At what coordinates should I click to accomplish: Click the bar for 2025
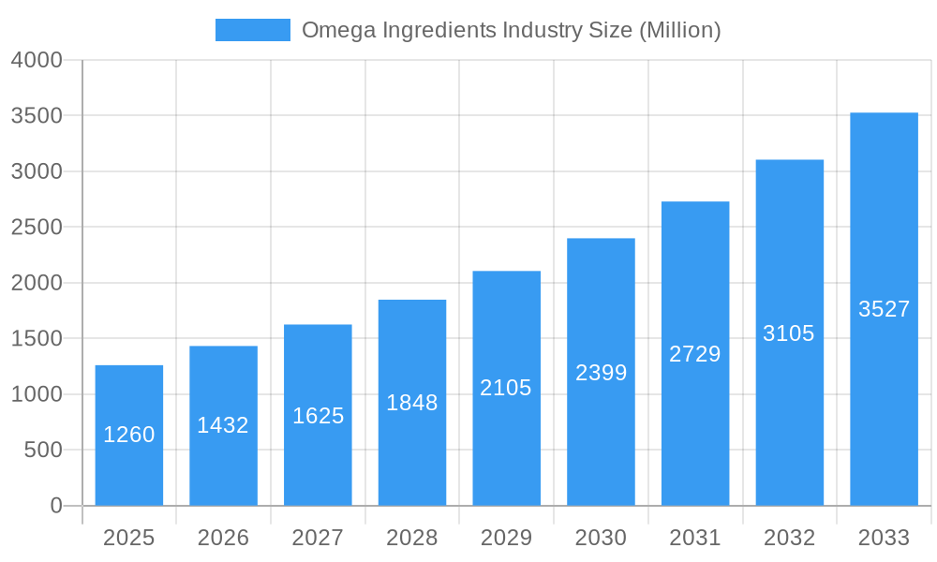point(129,436)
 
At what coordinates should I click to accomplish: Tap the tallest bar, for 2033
point(884,309)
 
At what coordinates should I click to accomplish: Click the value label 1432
point(223,425)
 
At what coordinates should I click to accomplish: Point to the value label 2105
point(506,388)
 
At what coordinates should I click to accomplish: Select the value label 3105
point(789,333)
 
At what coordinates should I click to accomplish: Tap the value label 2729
point(695,354)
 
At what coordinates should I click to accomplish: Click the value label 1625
point(318,416)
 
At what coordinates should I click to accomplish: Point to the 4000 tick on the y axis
point(37,60)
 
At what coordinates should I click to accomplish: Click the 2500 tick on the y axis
point(37,228)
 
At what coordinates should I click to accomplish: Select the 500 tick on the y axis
point(43,451)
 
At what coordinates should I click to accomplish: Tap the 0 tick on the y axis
point(55,506)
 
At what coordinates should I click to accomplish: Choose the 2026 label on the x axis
point(223,538)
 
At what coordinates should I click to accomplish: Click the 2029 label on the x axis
point(506,538)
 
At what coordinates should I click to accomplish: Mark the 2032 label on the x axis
point(789,538)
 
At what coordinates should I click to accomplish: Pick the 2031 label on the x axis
point(695,538)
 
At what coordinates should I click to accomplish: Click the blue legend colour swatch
point(253,30)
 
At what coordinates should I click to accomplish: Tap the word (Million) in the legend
point(679,30)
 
